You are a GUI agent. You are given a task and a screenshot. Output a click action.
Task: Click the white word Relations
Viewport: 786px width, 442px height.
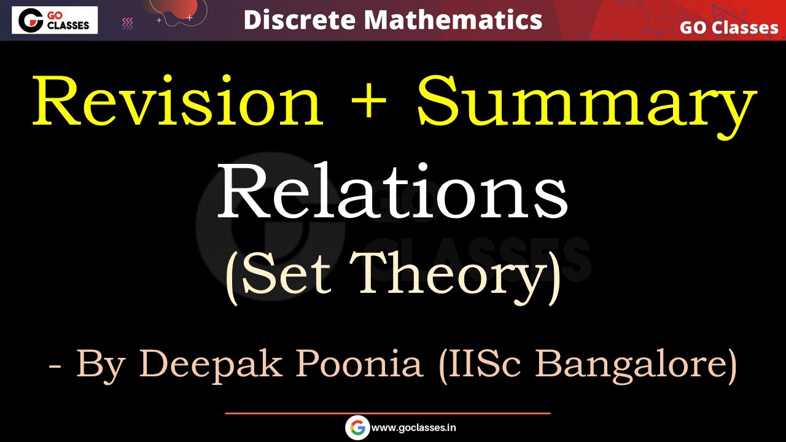pyautogui.click(x=392, y=192)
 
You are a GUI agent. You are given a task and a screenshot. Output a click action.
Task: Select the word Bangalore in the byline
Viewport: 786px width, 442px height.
pyautogui.click(x=635, y=365)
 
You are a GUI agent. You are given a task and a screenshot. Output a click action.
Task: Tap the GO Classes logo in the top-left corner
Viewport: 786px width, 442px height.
pyautogui.click(x=54, y=20)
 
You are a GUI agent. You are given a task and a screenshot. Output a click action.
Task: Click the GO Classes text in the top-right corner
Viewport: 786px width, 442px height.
pyautogui.click(x=728, y=28)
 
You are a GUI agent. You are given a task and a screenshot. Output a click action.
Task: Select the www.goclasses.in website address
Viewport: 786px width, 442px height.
pyautogui.click(x=414, y=428)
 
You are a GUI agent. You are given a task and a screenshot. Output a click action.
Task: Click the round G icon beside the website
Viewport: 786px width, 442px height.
pyautogui.click(x=357, y=428)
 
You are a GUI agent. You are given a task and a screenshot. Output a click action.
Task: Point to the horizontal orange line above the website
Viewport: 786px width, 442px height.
pyautogui.click(x=387, y=413)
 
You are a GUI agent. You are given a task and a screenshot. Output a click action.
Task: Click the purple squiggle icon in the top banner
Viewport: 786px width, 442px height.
pyautogui.click(x=128, y=23)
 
